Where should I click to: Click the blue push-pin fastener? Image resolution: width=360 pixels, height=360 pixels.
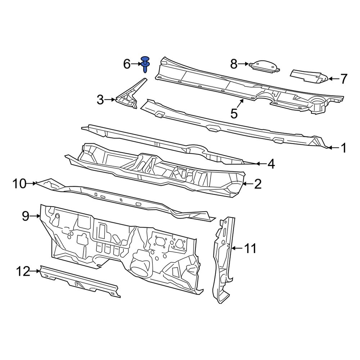(145, 65)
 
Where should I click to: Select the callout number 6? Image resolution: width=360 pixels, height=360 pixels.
(127, 64)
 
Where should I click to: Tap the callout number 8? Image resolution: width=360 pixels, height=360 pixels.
(234, 64)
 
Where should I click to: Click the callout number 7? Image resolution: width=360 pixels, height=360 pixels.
(343, 78)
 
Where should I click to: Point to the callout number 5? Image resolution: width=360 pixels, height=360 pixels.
(234, 114)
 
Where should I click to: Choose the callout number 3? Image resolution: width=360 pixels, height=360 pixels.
(100, 100)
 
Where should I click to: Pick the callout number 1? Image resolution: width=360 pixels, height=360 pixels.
(343, 148)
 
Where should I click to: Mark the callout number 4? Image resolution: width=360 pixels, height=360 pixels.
(271, 164)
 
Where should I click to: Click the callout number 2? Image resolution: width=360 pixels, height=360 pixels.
(258, 184)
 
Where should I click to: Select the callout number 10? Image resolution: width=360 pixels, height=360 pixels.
(19, 184)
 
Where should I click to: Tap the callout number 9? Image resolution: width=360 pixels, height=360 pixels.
(25, 216)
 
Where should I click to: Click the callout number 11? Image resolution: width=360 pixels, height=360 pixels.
(251, 248)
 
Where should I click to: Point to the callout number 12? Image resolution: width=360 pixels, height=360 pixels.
(23, 271)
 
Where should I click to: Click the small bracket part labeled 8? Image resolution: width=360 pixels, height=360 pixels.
(265, 66)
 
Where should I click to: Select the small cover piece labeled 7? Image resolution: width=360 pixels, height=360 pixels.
(308, 76)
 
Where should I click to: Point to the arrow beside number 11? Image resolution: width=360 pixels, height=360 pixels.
(236, 248)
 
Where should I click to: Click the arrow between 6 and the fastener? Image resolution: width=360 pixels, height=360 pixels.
(137, 64)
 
